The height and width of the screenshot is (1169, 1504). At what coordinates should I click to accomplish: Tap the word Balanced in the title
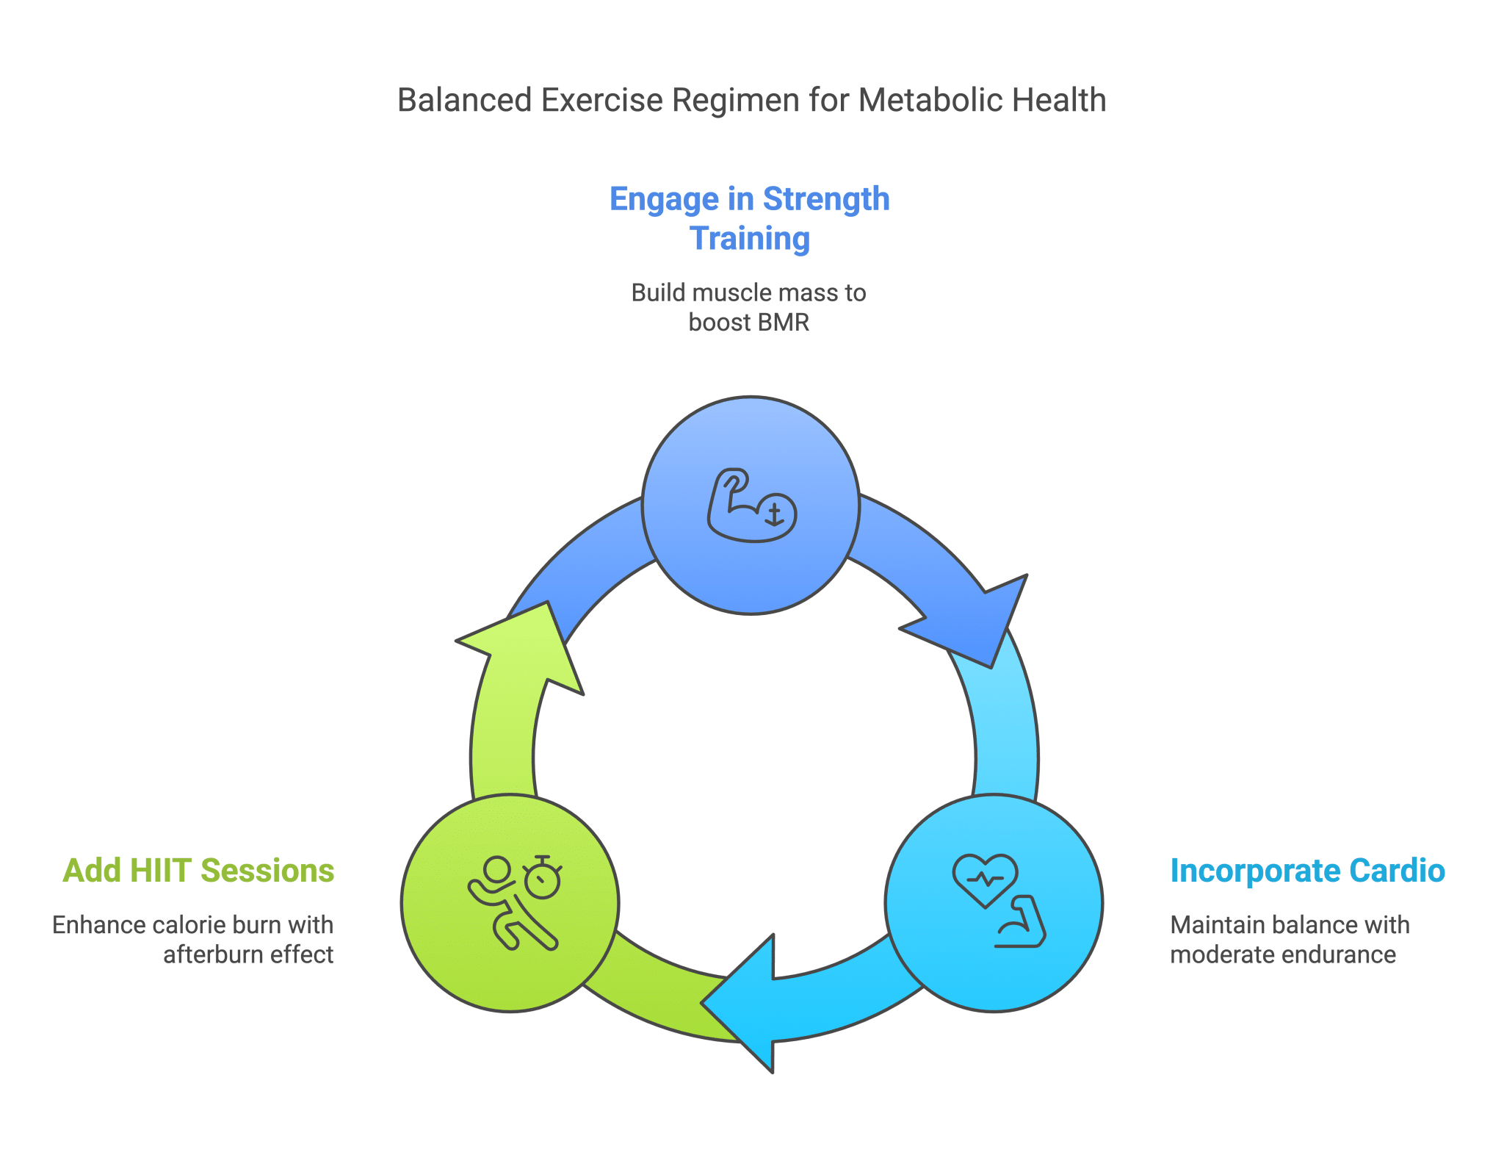[x=464, y=101]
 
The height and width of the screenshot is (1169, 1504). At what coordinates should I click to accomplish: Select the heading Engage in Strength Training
[x=750, y=218]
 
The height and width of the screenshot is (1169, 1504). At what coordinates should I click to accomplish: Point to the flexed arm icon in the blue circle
[x=751, y=506]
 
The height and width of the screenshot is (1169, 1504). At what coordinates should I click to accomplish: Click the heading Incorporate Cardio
[x=1307, y=871]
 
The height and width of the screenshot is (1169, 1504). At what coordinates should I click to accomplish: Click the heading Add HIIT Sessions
[x=199, y=871]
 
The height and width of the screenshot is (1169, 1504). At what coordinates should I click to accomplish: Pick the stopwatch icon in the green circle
[x=543, y=877]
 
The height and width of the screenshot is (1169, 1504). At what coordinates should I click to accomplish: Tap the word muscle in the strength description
[x=724, y=293]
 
